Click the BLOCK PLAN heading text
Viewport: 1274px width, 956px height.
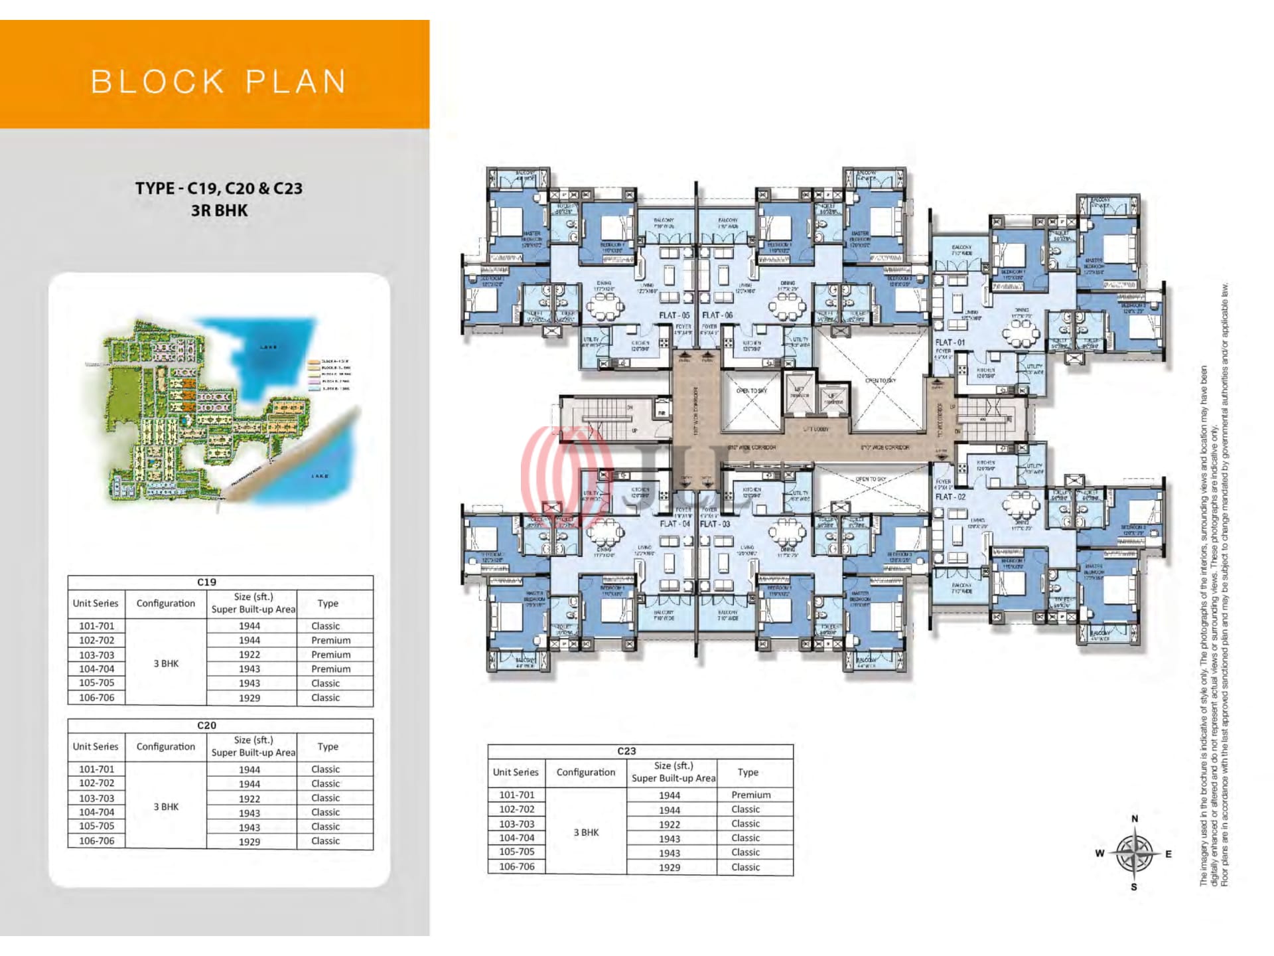click(218, 82)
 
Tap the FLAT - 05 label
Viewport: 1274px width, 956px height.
click(674, 315)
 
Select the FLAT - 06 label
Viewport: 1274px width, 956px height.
click(717, 315)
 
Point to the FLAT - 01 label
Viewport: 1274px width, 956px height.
click(950, 343)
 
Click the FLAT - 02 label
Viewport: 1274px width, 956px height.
click(950, 497)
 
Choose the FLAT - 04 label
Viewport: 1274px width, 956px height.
click(675, 524)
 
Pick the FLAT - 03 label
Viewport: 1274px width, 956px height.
click(715, 524)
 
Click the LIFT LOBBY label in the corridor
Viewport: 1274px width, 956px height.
click(817, 430)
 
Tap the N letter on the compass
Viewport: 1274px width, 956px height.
click(1135, 819)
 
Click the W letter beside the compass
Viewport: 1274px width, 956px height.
click(1099, 853)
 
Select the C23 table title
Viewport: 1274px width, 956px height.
click(626, 751)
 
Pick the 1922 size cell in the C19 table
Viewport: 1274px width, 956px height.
click(249, 655)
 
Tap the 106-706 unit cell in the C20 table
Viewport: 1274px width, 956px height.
click(97, 841)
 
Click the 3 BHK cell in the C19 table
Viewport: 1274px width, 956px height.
click(166, 663)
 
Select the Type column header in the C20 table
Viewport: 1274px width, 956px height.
click(328, 746)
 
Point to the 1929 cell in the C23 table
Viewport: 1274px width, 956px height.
click(670, 867)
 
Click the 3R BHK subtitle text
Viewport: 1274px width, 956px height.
click(219, 210)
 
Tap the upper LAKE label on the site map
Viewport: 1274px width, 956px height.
click(269, 347)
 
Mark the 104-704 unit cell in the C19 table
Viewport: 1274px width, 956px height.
click(97, 669)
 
